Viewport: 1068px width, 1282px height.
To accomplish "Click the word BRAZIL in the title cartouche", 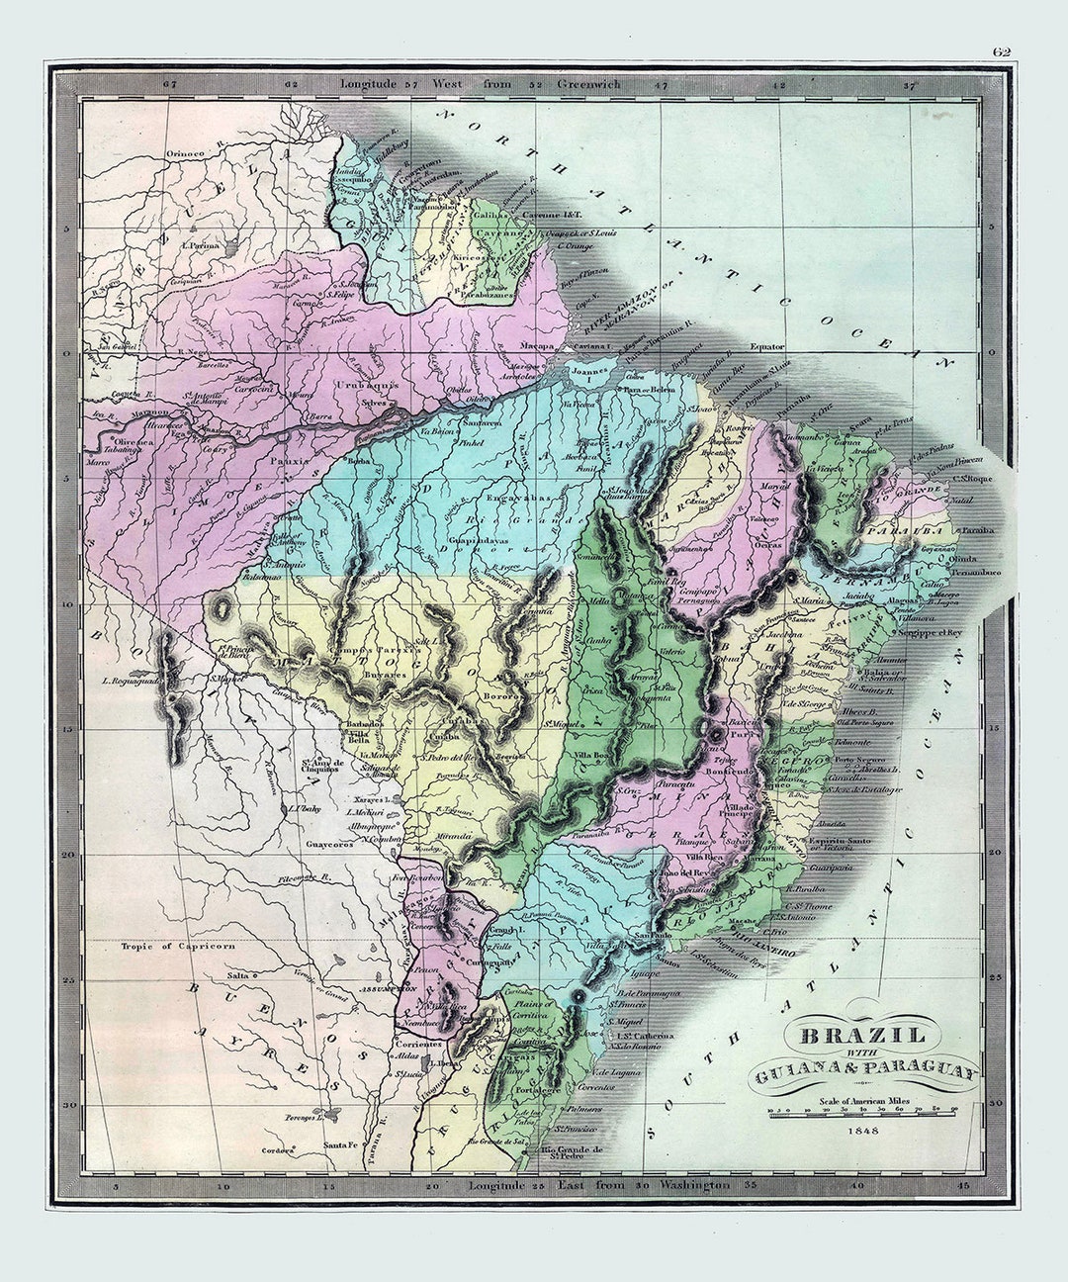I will [x=862, y=1036].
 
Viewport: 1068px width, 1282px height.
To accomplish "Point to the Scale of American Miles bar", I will [x=862, y=1111].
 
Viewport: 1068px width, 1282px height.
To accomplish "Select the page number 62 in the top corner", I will [x=1002, y=53].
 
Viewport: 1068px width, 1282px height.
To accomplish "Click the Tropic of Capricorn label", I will [x=178, y=946].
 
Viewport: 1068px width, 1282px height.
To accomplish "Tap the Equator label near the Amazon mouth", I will [x=766, y=346].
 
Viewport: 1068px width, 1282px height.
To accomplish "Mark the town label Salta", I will [x=238, y=974].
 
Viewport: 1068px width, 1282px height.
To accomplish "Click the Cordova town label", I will [x=278, y=1150].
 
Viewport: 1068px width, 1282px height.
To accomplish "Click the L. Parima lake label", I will [x=200, y=244].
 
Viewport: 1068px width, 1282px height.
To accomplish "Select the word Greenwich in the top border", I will [x=589, y=84].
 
